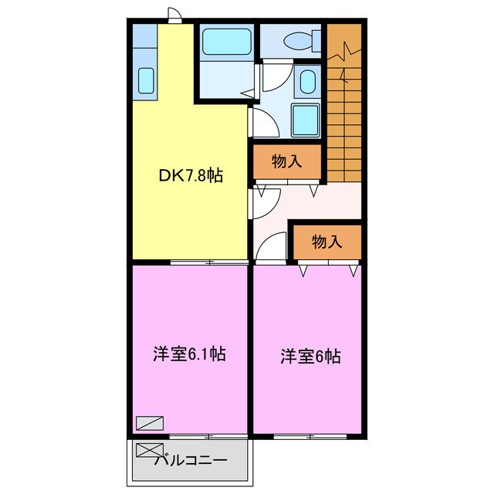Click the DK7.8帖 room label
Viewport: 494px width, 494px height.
coord(191,176)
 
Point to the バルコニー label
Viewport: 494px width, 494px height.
coord(190,461)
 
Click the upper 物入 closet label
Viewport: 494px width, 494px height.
coord(286,161)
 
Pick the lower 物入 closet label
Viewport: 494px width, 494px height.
coord(327,242)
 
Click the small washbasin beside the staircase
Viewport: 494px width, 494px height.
coord(307,80)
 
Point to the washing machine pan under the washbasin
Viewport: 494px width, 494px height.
coord(306,119)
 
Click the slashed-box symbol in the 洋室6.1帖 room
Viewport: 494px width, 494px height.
coord(149,422)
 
